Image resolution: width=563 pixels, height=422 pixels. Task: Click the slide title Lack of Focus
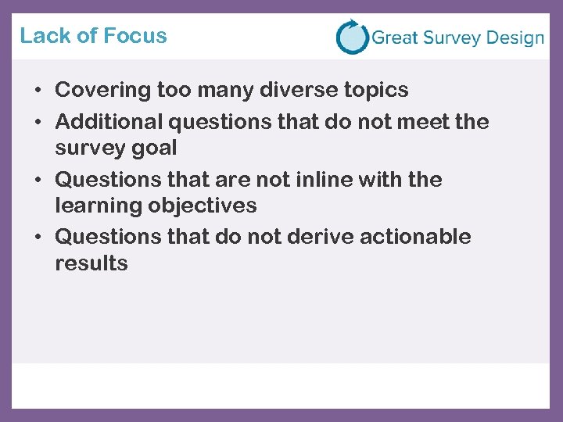[93, 36]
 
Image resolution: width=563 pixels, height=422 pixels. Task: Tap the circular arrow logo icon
[352, 37]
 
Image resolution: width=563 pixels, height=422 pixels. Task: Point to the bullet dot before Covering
[38, 91]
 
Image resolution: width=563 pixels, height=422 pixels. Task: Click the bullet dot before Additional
[38, 123]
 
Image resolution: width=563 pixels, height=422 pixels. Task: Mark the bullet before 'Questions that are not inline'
[38, 181]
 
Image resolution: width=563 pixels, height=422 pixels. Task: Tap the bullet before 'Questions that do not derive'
[38, 238]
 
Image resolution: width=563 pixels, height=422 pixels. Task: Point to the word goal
[158, 148]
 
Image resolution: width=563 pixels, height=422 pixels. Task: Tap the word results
[91, 263]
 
